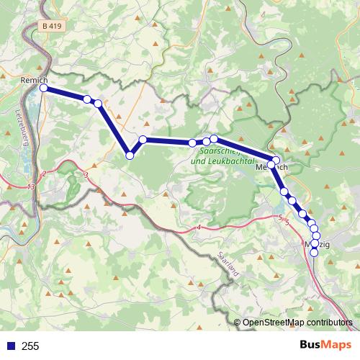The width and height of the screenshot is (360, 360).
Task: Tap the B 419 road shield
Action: point(52,26)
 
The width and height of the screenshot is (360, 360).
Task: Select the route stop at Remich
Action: point(43,88)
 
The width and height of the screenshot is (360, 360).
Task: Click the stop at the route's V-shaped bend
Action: point(130,155)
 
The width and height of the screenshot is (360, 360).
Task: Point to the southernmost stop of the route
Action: point(314,253)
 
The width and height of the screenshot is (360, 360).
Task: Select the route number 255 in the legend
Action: point(30,346)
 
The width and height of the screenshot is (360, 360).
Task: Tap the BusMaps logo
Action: point(324,346)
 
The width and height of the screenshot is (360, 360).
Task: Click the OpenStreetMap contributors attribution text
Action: point(297,322)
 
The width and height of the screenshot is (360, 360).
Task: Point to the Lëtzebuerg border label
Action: point(20,128)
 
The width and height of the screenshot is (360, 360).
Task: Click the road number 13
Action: point(30,187)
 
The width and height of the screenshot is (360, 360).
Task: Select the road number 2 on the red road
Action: point(44,174)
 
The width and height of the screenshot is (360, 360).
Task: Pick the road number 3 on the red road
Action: point(86,175)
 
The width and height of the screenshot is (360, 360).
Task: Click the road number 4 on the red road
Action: point(197,228)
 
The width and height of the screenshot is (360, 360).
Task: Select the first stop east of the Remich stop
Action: point(87,99)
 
